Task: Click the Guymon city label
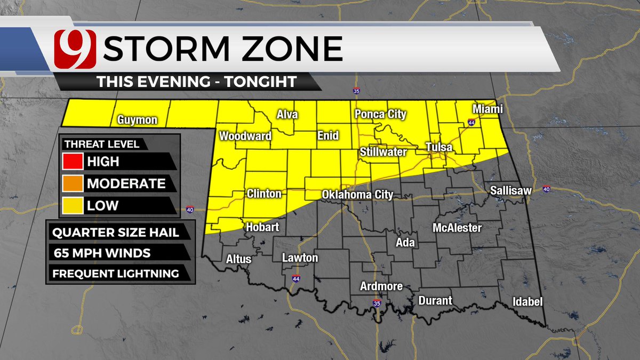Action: click(138, 120)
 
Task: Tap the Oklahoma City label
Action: click(357, 195)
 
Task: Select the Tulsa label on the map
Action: click(439, 147)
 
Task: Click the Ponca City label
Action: click(381, 115)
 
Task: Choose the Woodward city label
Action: click(245, 136)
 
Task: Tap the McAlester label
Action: click(457, 228)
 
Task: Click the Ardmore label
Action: click(381, 286)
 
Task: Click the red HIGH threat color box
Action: click(73, 161)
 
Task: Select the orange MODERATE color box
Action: click(73, 183)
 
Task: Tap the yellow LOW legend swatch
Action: click(73, 205)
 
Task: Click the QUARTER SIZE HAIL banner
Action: click(115, 233)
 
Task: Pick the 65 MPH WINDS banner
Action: click(101, 253)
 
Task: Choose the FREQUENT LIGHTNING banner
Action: click(115, 274)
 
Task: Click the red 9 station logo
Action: click(75, 49)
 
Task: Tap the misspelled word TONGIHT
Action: click(263, 82)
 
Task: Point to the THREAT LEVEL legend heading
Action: click(102, 144)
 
